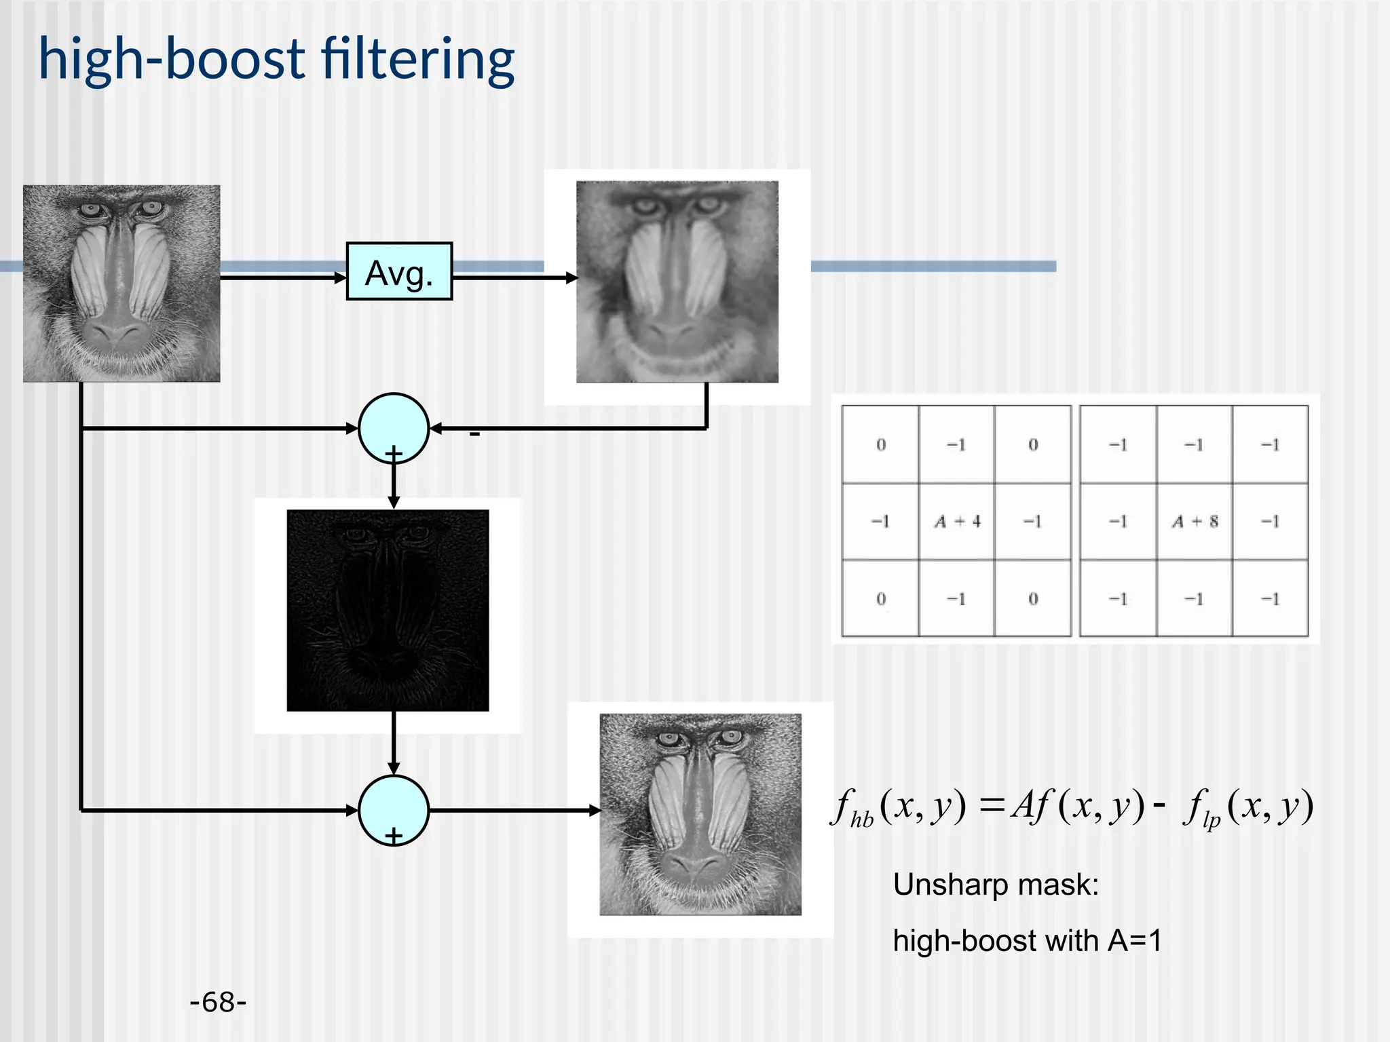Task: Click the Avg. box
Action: (399, 271)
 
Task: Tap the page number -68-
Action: (218, 1002)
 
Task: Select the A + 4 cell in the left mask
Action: (957, 522)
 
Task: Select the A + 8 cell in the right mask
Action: (1195, 522)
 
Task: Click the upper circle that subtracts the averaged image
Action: (394, 428)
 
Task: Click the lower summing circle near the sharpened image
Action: (394, 810)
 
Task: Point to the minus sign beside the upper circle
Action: (474, 434)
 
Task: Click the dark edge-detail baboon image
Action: (388, 611)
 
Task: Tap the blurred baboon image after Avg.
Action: (677, 282)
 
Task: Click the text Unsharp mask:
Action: (996, 885)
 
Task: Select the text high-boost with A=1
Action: (1027, 941)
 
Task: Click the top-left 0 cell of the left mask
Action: (880, 445)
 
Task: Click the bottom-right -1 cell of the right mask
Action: (1270, 599)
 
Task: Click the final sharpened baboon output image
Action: (700, 814)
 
